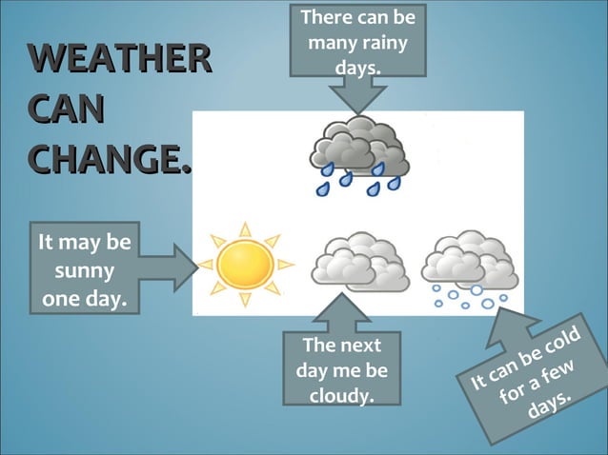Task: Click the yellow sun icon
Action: point(246,266)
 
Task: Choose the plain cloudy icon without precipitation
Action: point(360,261)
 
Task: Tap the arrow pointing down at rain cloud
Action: point(356,95)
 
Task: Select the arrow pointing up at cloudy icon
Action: point(340,313)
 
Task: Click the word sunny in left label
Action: point(86,272)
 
